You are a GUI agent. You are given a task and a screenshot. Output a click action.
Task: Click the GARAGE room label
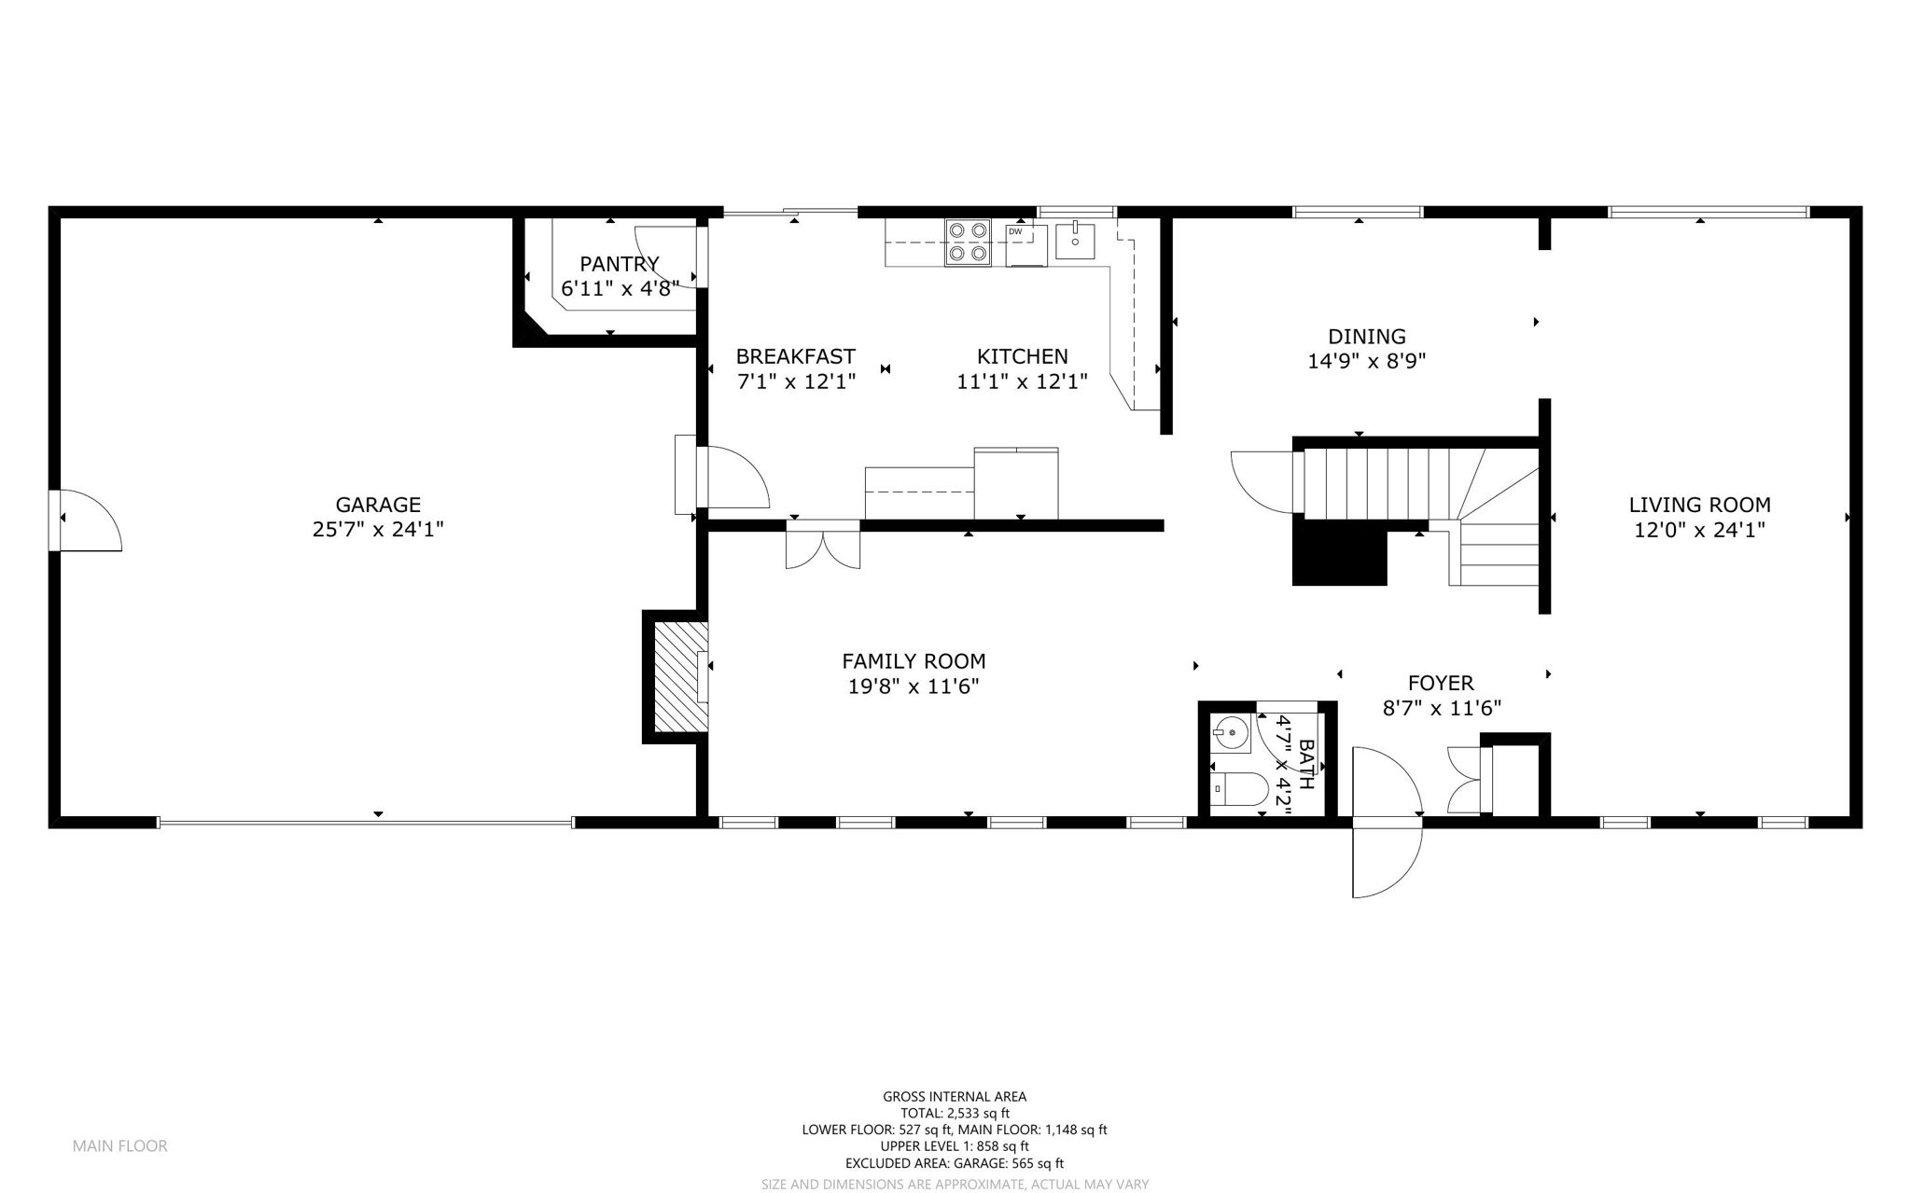point(378,505)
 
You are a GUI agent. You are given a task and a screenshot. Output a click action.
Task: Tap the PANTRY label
point(620,264)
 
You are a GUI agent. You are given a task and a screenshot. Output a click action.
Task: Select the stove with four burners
point(967,242)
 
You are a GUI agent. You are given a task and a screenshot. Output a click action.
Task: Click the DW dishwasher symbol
point(1026,244)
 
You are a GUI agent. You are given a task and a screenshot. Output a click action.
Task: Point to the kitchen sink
point(1077,240)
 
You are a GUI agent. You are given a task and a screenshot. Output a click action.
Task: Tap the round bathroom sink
point(1231,734)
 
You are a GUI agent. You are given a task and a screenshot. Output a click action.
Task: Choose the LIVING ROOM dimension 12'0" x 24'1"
point(1699,530)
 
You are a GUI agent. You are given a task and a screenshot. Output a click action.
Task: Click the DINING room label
point(1367,336)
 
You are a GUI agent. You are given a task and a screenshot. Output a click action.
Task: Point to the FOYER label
point(1441,683)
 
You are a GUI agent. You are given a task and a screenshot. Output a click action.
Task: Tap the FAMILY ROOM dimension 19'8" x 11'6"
point(914,687)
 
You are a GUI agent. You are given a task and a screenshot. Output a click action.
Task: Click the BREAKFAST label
point(795,356)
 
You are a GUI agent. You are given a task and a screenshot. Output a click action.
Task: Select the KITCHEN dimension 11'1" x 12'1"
point(1022,381)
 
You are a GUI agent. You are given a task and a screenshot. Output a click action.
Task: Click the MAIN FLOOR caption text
point(120,1145)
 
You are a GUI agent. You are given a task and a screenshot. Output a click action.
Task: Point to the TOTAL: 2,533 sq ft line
point(955,1113)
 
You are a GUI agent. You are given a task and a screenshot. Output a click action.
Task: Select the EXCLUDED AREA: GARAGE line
point(955,1163)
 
